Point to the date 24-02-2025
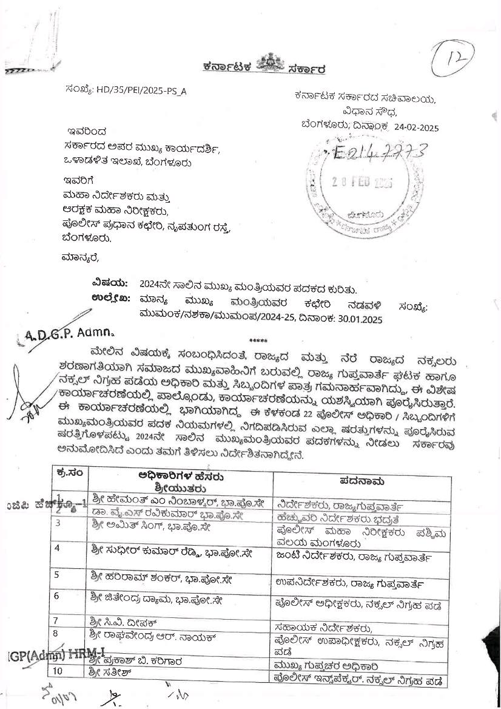click(x=416, y=127)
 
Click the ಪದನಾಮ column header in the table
click(x=362, y=481)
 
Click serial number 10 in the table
click(x=76, y=671)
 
